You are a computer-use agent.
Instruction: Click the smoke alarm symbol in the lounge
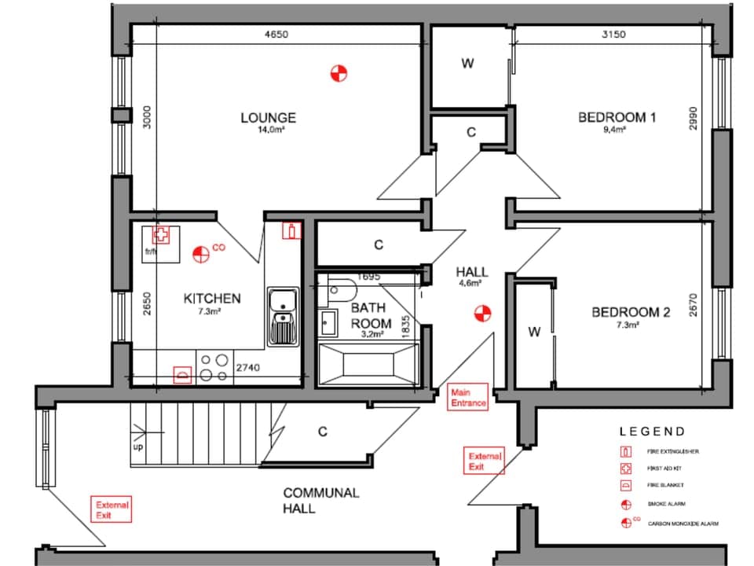coord(338,73)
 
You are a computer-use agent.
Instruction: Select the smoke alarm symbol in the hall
coord(481,314)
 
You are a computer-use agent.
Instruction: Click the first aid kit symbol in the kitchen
coord(161,234)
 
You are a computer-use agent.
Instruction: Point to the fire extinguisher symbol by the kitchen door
coord(291,230)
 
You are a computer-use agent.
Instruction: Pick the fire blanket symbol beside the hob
coord(183,374)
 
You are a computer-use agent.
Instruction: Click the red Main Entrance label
coord(468,397)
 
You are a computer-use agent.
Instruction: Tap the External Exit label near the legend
coord(485,461)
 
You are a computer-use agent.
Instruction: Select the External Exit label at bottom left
coord(112,509)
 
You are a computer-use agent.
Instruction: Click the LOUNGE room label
coord(268,118)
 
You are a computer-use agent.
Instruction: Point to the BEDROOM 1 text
coord(617,118)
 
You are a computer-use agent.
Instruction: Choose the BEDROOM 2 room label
coord(630,312)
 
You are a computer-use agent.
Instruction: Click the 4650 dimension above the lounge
coord(275,35)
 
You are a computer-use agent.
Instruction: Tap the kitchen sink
coord(281,315)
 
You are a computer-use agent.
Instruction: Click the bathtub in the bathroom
coord(368,366)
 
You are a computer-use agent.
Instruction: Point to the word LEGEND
coord(652,432)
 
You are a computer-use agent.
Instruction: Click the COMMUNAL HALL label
coord(320,501)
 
